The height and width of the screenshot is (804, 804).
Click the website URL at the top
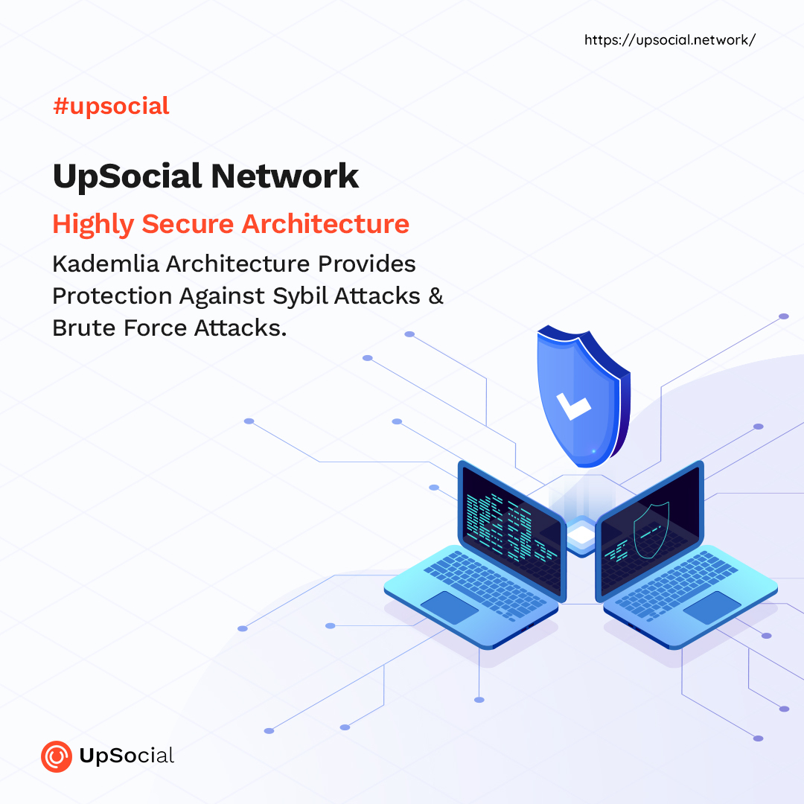click(670, 40)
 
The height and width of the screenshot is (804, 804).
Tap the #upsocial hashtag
click(111, 106)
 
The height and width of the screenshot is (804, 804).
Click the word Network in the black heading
click(284, 176)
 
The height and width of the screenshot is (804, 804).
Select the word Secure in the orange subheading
click(188, 224)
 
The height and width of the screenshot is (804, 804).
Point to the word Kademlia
click(106, 264)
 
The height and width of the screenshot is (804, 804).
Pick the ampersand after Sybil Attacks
click(435, 296)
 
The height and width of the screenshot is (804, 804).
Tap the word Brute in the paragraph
click(84, 328)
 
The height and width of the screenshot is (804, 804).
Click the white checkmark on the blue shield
click(573, 406)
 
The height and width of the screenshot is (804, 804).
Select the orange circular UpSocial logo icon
click(57, 756)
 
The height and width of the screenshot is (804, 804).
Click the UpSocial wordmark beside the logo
click(127, 756)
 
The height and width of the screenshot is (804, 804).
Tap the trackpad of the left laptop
click(449, 607)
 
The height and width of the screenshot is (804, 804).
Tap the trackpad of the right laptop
click(712, 607)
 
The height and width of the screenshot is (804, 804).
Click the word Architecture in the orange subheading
click(325, 224)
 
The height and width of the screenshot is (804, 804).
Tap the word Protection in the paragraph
click(112, 296)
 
